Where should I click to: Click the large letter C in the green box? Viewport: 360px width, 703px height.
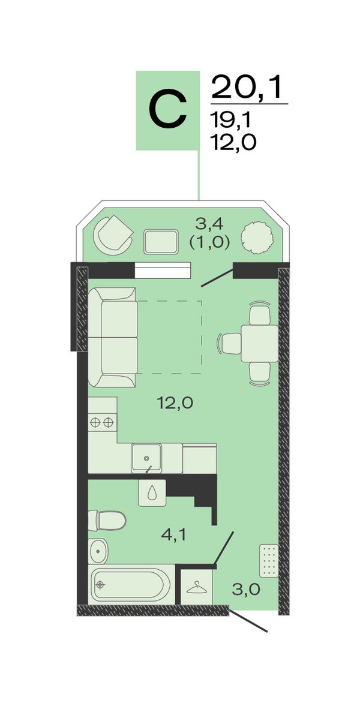[x=167, y=110]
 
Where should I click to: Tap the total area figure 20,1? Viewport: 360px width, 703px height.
[x=248, y=87]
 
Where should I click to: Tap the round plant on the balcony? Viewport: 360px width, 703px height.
[x=257, y=238]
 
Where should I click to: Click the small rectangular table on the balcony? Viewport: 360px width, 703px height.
[x=161, y=242]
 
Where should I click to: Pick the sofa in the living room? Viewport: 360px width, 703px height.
[x=113, y=337]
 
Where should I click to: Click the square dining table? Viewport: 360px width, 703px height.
[x=260, y=344]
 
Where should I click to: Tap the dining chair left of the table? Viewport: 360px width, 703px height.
[x=229, y=344]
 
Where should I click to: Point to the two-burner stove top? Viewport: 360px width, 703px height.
[x=102, y=422]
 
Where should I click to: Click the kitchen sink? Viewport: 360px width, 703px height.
[x=146, y=457]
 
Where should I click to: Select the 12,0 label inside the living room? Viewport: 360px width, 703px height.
[x=175, y=404]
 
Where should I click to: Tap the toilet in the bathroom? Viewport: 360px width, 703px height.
[x=107, y=520]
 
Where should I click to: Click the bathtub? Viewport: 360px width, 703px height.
[x=131, y=584]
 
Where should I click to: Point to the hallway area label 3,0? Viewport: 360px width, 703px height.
[x=246, y=589]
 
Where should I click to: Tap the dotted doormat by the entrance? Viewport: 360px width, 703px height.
[x=269, y=560]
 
